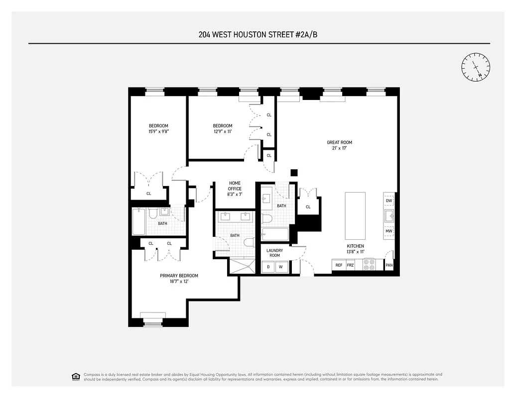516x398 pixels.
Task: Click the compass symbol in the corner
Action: [x=476, y=67]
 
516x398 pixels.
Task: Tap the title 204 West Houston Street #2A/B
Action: [x=259, y=35]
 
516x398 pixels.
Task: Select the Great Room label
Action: [x=339, y=142]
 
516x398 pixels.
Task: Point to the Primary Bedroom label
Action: [x=179, y=276]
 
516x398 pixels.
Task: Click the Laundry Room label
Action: [x=274, y=253]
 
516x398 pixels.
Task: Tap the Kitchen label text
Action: [x=356, y=246]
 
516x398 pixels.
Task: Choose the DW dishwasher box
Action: [x=389, y=200]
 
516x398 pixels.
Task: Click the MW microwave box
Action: [x=389, y=231]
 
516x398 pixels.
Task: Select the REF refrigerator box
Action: [x=339, y=265]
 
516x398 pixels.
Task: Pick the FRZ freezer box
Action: [x=351, y=265]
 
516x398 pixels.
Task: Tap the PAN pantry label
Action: [x=389, y=265]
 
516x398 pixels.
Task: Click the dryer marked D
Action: [x=268, y=267]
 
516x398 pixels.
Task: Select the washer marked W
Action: [x=280, y=267]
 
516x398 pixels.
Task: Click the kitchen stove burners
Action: [x=370, y=265]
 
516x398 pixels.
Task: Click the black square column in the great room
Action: [x=294, y=173]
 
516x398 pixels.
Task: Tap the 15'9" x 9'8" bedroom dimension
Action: [x=158, y=132]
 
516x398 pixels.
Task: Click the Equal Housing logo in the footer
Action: [x=76, y=376]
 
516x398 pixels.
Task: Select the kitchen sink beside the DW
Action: [x=389, y=216]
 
